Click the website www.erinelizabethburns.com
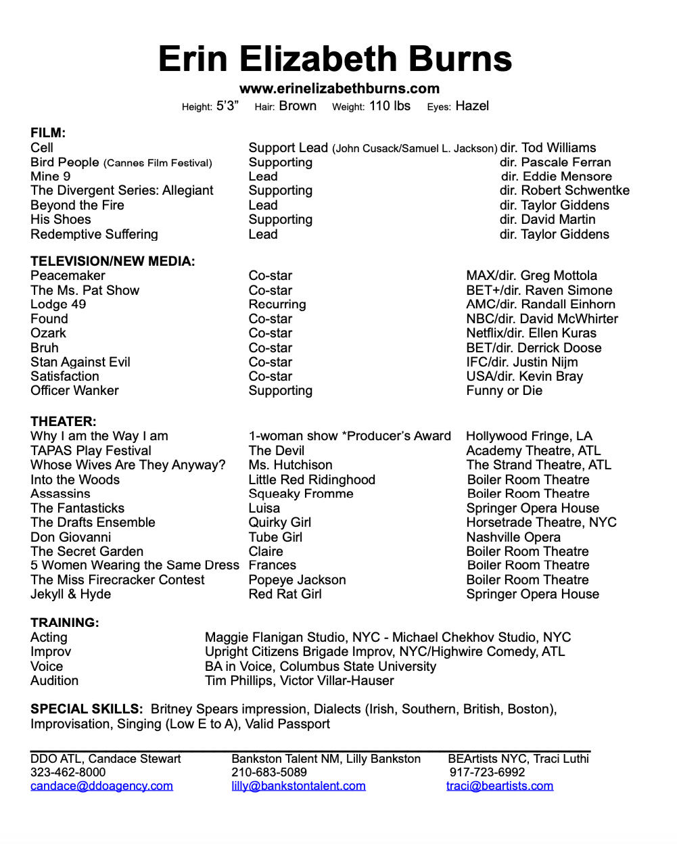click(x=339, y=89)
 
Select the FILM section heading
click(x=48, y=133)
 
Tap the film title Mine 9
click(x=51, y=177)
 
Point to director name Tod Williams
click(x=559, y=148)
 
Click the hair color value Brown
click(x=298, y=106)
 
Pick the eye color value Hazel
click(x=472, y=106)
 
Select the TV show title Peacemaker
click(x=68, y=276)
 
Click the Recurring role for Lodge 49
click(x=277, y=304)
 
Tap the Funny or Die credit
click(x=504, y=391)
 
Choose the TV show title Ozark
click(x=48, y=333)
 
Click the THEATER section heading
click(x=64, y=421)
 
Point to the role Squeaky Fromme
click(x=301, y=494)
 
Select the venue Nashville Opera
click(x=513, y=538)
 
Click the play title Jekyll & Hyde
click(x=70, y=594)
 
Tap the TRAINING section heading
click(x=65, y=623)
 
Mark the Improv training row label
click(x=51, y=652)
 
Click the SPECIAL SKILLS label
click(x=87, y=709)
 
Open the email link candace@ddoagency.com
click(x=101, y=786)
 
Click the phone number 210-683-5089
click(x=269, y=772)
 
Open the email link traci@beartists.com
click(x=500, y=786)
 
